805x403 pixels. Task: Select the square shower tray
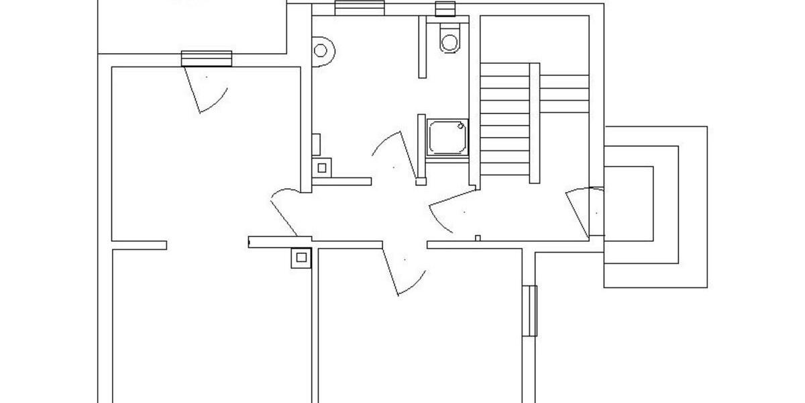447,136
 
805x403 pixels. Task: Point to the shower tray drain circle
461,125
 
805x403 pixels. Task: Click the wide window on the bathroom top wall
359,7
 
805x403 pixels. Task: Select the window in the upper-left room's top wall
207,58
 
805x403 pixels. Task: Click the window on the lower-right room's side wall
530,310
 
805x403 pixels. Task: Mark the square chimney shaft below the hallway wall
301,257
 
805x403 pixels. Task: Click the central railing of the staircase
535,122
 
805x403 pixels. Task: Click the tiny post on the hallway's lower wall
477,238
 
